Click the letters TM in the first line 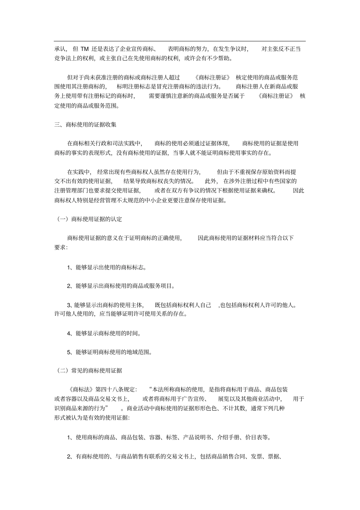85,49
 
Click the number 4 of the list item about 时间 69,333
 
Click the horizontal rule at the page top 180,41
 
